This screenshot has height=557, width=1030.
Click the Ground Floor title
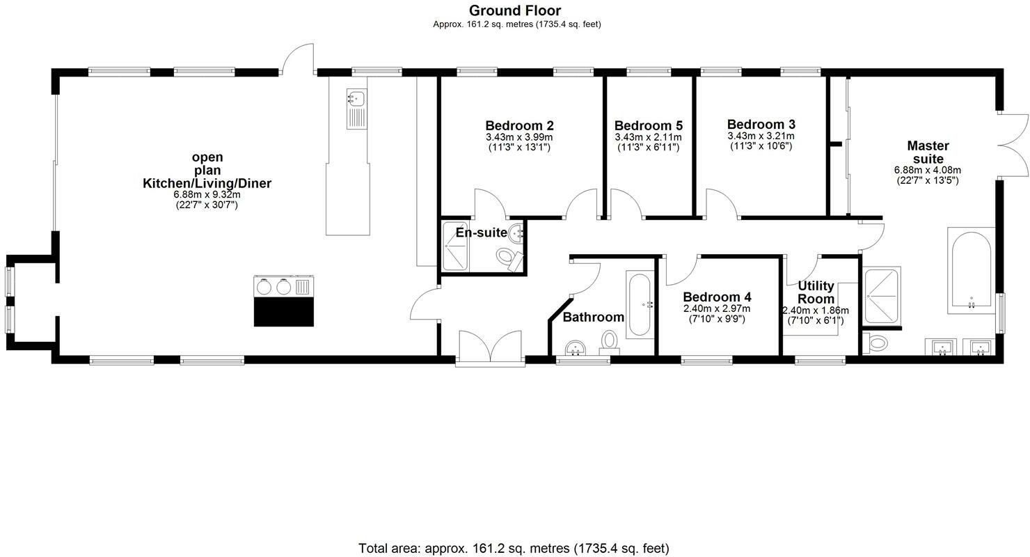[514, 10]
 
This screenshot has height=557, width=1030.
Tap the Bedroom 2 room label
[519, 126]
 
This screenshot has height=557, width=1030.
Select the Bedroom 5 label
[648, 126]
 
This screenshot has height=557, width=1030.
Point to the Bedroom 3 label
[761, 126]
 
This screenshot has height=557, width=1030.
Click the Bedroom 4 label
[717, 297]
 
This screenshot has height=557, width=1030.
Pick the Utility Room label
[816, 292]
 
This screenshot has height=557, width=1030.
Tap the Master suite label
[928, 152]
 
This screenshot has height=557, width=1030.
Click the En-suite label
[481, 233]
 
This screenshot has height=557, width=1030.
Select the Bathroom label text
[593, 317]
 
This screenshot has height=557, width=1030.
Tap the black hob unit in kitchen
[283, 301]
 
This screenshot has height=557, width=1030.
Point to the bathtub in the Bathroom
[640, 304]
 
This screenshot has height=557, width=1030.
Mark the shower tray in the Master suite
[881, 296]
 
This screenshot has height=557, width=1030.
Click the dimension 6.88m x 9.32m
[207, 195]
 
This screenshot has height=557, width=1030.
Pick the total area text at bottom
[514, 548]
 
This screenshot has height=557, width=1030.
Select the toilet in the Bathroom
[610, 342]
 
